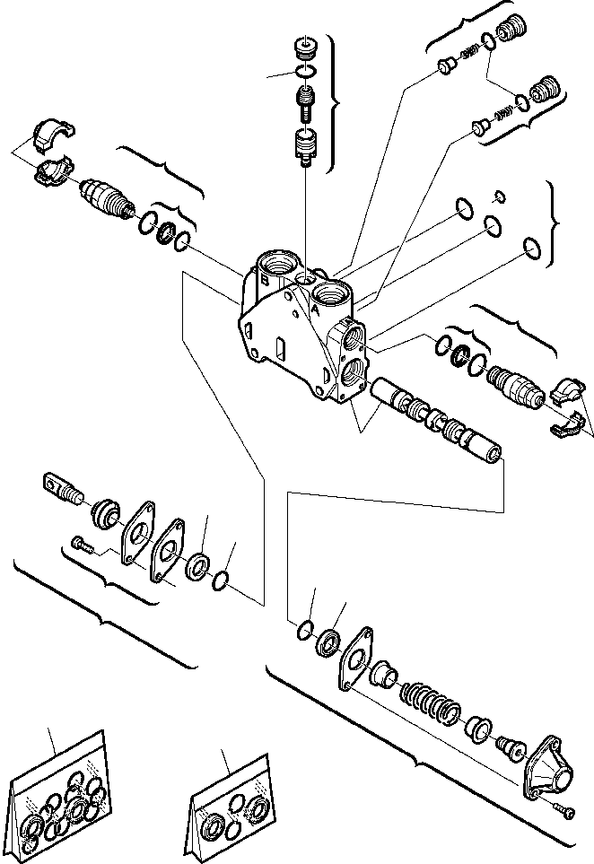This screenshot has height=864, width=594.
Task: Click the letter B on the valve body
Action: coord(264,280)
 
